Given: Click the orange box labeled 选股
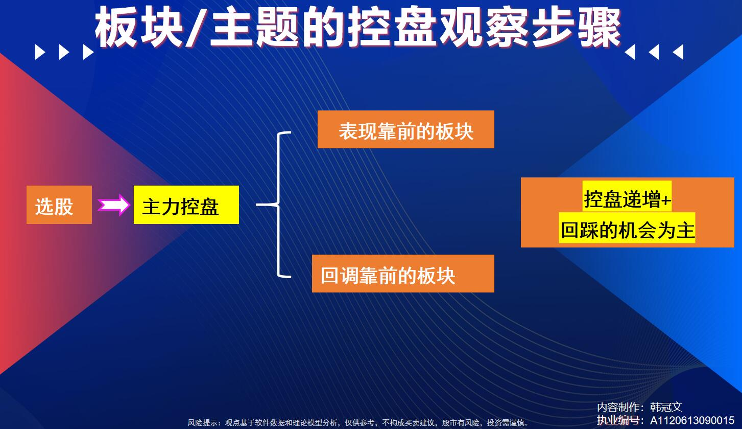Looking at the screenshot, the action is point(59,205).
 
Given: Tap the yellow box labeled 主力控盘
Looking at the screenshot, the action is point(186,205).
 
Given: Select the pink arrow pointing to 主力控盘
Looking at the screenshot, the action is point(113,205).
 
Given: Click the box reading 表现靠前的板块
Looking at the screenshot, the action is point(406,129).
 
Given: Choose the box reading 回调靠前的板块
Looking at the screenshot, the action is point(403,274).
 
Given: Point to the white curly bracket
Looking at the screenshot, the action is point(278,205).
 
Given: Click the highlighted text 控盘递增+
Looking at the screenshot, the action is point(627,199).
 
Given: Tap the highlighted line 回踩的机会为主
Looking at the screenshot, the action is point(627,230).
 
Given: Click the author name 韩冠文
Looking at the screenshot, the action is point(666,407).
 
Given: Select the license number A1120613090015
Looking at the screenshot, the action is point(692,420).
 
